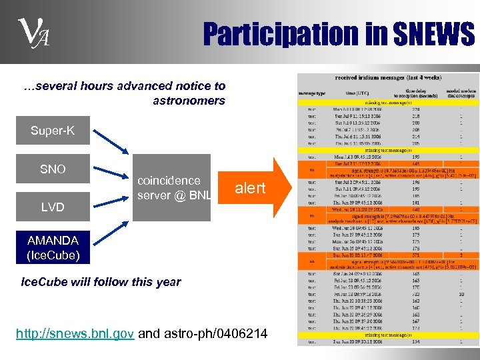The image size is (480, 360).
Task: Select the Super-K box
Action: coord(53,131)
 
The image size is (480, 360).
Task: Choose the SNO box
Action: coord(53,169)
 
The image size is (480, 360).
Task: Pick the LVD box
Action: coord(53,207)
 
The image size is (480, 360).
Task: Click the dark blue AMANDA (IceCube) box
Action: coord(53,247)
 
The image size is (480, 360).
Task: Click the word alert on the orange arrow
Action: coord(250,189)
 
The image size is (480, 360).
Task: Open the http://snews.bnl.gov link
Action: coord(75,333)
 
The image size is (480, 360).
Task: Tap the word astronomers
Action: coord(189,101)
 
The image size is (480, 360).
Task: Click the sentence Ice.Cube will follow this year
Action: coord(101,282)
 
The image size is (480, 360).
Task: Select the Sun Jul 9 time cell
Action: coord(360,114)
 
